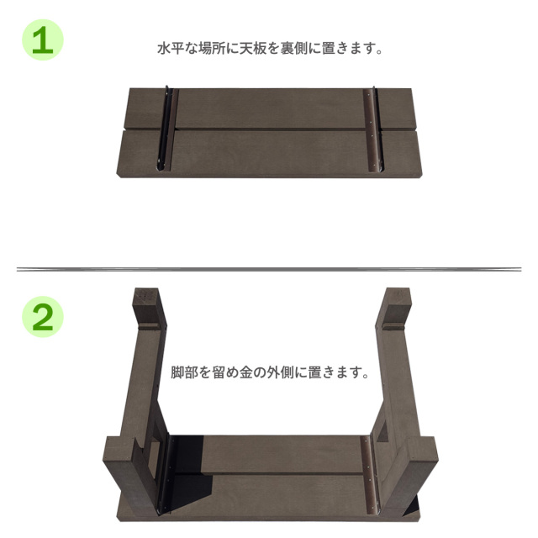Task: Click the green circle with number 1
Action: click(x=43, y=40)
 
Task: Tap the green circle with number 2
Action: click(x=43, y=317)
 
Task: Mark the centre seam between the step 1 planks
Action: click(x=269, y=129)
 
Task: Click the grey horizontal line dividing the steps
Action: click(x=269, y=269)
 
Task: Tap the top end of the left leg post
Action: click(x=145, y=298)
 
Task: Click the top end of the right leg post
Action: click(x=396, y=298)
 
